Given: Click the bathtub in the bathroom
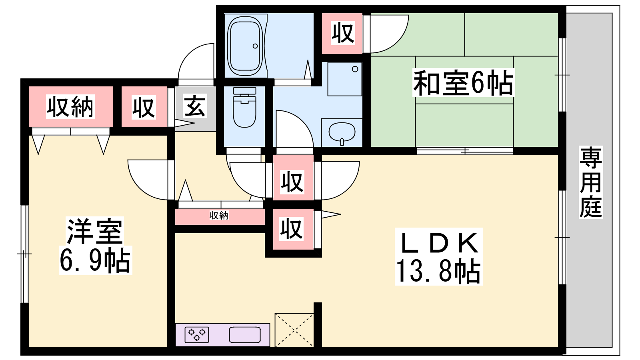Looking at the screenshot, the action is click(x=245, y=46).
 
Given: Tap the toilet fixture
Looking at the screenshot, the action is click(x=244, y=107).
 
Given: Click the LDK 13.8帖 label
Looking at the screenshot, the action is click(x=438, y=256).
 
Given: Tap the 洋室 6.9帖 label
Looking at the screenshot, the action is click(x=96, y=246).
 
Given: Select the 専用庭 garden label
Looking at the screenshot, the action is click(x=590, y=182).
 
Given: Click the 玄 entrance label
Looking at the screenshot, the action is click(x=195, y=106).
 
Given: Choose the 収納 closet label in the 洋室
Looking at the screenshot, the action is click(x=70, y=107).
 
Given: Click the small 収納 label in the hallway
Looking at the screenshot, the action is click(x=219, y=216).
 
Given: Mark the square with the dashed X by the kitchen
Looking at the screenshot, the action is click(x=294, y=330).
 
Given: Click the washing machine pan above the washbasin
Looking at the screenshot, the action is click(x=344, y=79).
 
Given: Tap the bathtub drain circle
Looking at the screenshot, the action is click(x=255, y=46).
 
